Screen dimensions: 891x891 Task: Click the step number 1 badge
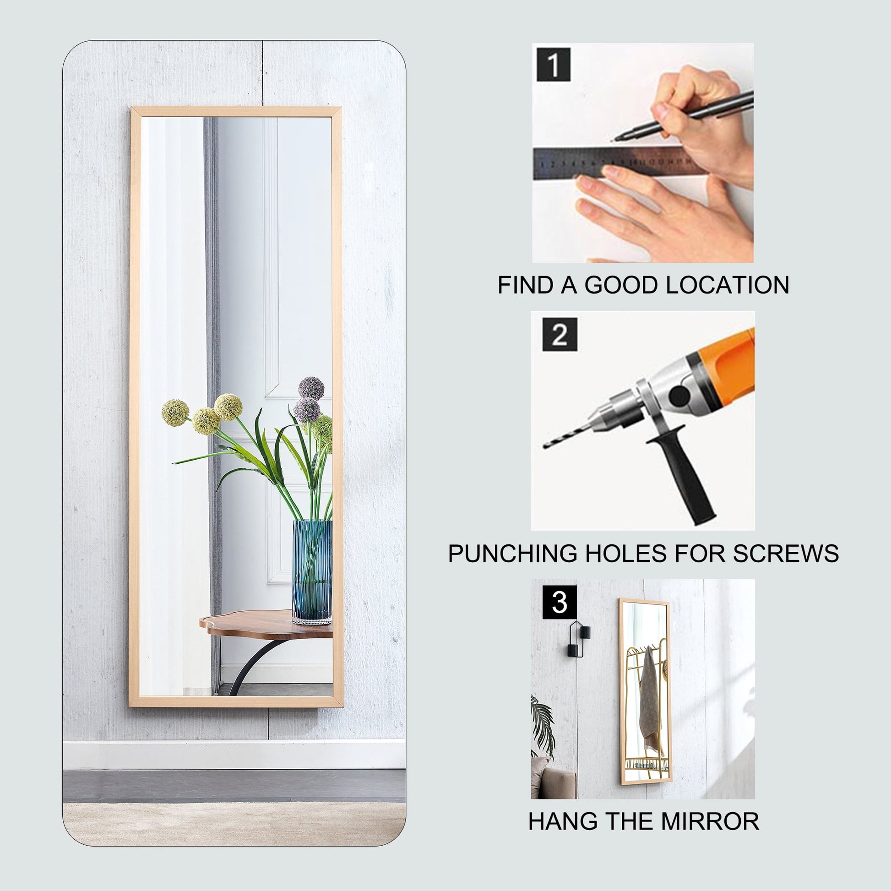click(554, 65)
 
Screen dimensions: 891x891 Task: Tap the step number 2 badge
click(560, 334)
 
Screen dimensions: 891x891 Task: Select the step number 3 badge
click(560, 602)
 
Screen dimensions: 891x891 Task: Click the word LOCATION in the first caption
click(728, 285)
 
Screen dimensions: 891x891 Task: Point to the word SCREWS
click(786, 554)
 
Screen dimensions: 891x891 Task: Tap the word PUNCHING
click(512, 554)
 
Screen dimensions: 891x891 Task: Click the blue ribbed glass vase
click(312, 571)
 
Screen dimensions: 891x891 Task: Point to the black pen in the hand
click(683, 115)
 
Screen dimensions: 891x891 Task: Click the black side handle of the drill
click(683, 475)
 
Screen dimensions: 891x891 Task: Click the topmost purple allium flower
click(311, 388)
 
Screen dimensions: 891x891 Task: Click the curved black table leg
click(252, 664)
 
